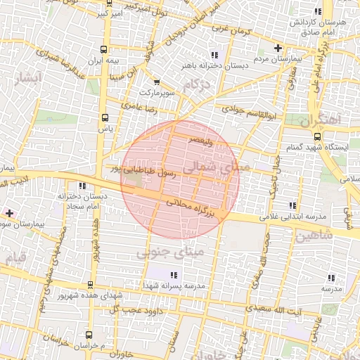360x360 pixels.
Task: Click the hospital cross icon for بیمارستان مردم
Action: tap(278, 49)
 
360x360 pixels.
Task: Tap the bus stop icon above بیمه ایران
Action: tap(104, 50)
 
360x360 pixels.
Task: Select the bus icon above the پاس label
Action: tap(105, 117)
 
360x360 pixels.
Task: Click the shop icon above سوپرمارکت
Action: tap(155, 82)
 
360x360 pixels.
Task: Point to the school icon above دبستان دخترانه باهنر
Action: tap(214, 54)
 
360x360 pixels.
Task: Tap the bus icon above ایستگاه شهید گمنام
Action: tap(317, 136)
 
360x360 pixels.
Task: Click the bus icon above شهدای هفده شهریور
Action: tap(90, 285)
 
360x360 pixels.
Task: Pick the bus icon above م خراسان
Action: tap(89, 335)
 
